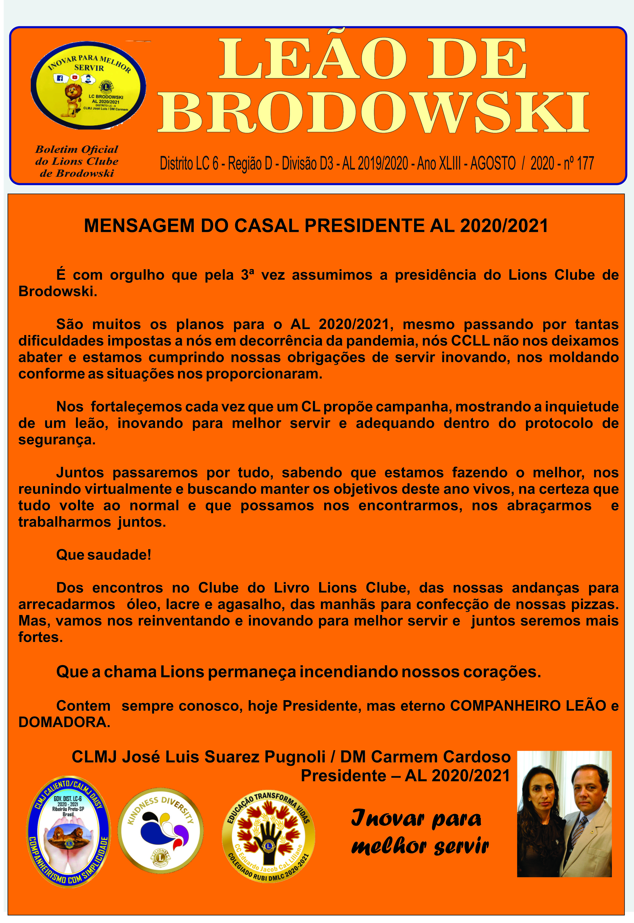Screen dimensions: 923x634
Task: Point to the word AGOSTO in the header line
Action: (493, 163)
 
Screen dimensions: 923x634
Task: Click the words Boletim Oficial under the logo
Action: (77, 150)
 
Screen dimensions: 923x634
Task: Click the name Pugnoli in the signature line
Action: (295, 756)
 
